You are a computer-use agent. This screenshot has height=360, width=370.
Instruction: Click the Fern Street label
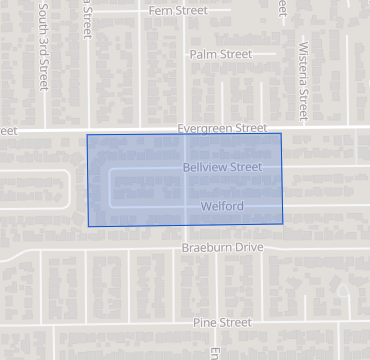tap(177, 10)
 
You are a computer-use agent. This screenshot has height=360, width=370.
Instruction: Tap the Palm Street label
tap(220, 54)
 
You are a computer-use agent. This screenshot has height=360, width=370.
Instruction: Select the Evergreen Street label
tap(222, 128)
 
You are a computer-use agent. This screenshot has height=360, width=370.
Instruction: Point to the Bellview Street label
tap(222, 168)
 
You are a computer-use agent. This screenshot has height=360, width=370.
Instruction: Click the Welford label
tap(222, 207)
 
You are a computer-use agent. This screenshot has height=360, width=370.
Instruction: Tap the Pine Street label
tap(222, 323)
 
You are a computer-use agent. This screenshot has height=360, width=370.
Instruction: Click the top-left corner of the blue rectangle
tap(87, 135)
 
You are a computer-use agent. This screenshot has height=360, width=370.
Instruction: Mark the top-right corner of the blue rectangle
tap(281, 133)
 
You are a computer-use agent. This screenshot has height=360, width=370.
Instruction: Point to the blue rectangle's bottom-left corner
tap(88, 226)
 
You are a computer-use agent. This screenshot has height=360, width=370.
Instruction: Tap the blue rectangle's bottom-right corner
tap(282, 223)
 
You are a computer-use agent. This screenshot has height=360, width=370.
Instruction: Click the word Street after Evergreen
tap(249, 128)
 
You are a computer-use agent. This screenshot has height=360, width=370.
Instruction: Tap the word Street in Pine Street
tap(236, 323)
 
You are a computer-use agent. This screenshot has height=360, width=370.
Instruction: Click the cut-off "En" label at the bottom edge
tap(214, 353)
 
